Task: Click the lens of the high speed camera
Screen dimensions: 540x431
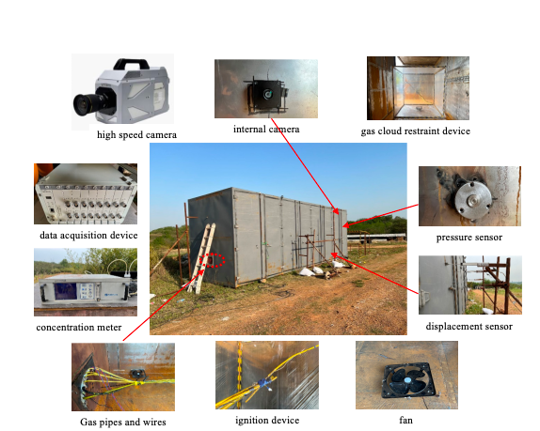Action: (x=86, y=104)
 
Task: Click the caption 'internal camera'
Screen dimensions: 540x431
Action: (x=266, y=130)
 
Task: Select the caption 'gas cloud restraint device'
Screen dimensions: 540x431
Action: (x=415, y=131)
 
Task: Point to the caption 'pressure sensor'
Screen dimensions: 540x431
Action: (x=469, y=238)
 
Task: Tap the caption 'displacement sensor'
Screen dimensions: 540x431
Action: (x=469, y=326)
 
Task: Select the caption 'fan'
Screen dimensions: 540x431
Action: (x=405, y=420)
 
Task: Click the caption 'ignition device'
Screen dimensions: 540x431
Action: (x=267, y=420)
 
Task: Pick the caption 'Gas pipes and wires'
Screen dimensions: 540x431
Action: (x=123, y=422)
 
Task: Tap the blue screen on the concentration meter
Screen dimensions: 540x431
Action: (x=65, y=291)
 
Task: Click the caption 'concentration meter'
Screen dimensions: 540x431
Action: (x=79, y=327)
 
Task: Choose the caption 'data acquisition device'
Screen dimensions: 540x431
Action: (x=88, y=235)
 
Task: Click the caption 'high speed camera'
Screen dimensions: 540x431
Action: (x=136, y=134)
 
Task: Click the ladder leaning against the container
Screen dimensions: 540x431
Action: (x=201, y=258)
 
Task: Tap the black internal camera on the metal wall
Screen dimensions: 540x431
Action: (x=267, y=94)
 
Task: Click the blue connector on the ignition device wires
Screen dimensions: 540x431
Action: (x=264, y=382)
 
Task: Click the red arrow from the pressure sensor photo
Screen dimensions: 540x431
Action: (x=381, y=216)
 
